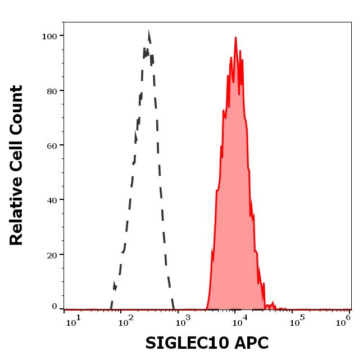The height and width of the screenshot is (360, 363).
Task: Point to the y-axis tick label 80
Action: (52, 91)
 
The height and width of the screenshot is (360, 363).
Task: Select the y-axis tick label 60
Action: (52, 145)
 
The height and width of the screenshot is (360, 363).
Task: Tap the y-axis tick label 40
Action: (52, 200)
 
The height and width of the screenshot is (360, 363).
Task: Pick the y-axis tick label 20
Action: (52, 255)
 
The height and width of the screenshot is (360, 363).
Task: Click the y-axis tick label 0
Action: (55, 307)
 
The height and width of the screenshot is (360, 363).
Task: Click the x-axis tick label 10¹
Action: (73, 320)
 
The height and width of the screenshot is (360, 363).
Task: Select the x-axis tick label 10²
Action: (127, 320)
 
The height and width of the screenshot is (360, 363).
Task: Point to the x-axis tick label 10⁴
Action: (240, 320)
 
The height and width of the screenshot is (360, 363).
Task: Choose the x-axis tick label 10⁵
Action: (296, 320)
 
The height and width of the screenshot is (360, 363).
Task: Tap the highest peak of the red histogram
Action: (235, 38)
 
